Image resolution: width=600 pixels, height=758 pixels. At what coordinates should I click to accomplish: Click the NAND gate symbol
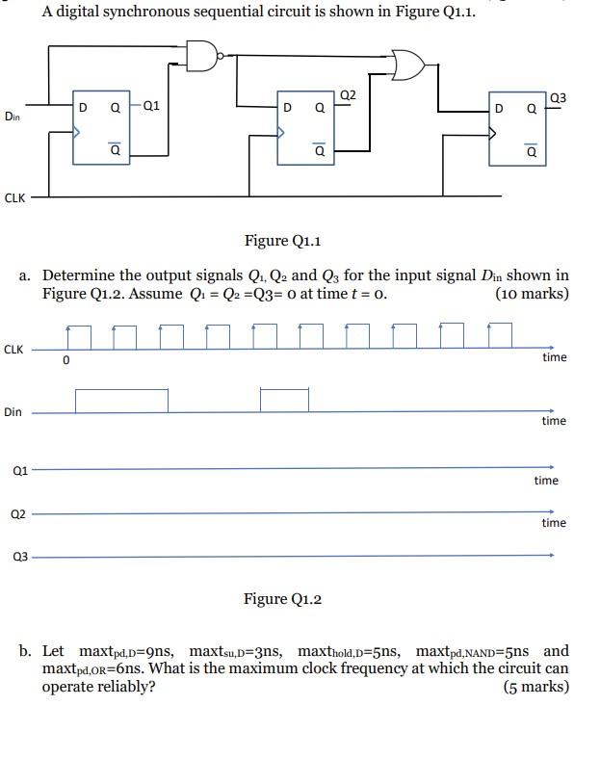tap(202, 56)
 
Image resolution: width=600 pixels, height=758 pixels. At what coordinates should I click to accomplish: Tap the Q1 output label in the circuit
tap(151, 107)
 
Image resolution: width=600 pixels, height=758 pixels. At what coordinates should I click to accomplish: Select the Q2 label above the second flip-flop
tap(348, 94)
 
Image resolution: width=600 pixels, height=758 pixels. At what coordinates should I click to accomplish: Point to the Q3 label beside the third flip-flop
tap(558, 98)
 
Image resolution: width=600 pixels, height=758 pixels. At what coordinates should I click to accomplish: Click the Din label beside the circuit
tap(13, 117)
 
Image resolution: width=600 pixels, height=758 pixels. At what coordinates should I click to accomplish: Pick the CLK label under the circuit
tap(14, 197)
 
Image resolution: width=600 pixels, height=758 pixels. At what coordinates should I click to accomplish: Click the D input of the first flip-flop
tap(83, 108)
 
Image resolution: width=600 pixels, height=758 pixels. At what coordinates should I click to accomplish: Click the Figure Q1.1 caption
tap(282, 240)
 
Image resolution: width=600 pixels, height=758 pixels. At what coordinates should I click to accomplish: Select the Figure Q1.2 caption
tap(282, 599)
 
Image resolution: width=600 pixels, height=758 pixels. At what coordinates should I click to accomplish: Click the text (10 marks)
tap(532, 294)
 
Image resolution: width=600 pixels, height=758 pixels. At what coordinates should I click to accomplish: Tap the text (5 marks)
tap(535, 687)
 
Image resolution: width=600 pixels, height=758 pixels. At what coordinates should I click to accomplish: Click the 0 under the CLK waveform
tap(65, 361)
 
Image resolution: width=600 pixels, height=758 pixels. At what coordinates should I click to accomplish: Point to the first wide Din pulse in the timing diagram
tap(121, 400)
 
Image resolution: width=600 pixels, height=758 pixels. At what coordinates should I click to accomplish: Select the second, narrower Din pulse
tap(284, 400)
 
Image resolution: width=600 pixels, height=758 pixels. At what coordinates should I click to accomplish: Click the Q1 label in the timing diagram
tap(19, 471)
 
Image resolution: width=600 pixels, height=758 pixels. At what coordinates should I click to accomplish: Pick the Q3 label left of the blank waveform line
tap(19, 556)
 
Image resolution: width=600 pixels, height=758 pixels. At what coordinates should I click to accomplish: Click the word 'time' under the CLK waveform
tap(555, 357)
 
